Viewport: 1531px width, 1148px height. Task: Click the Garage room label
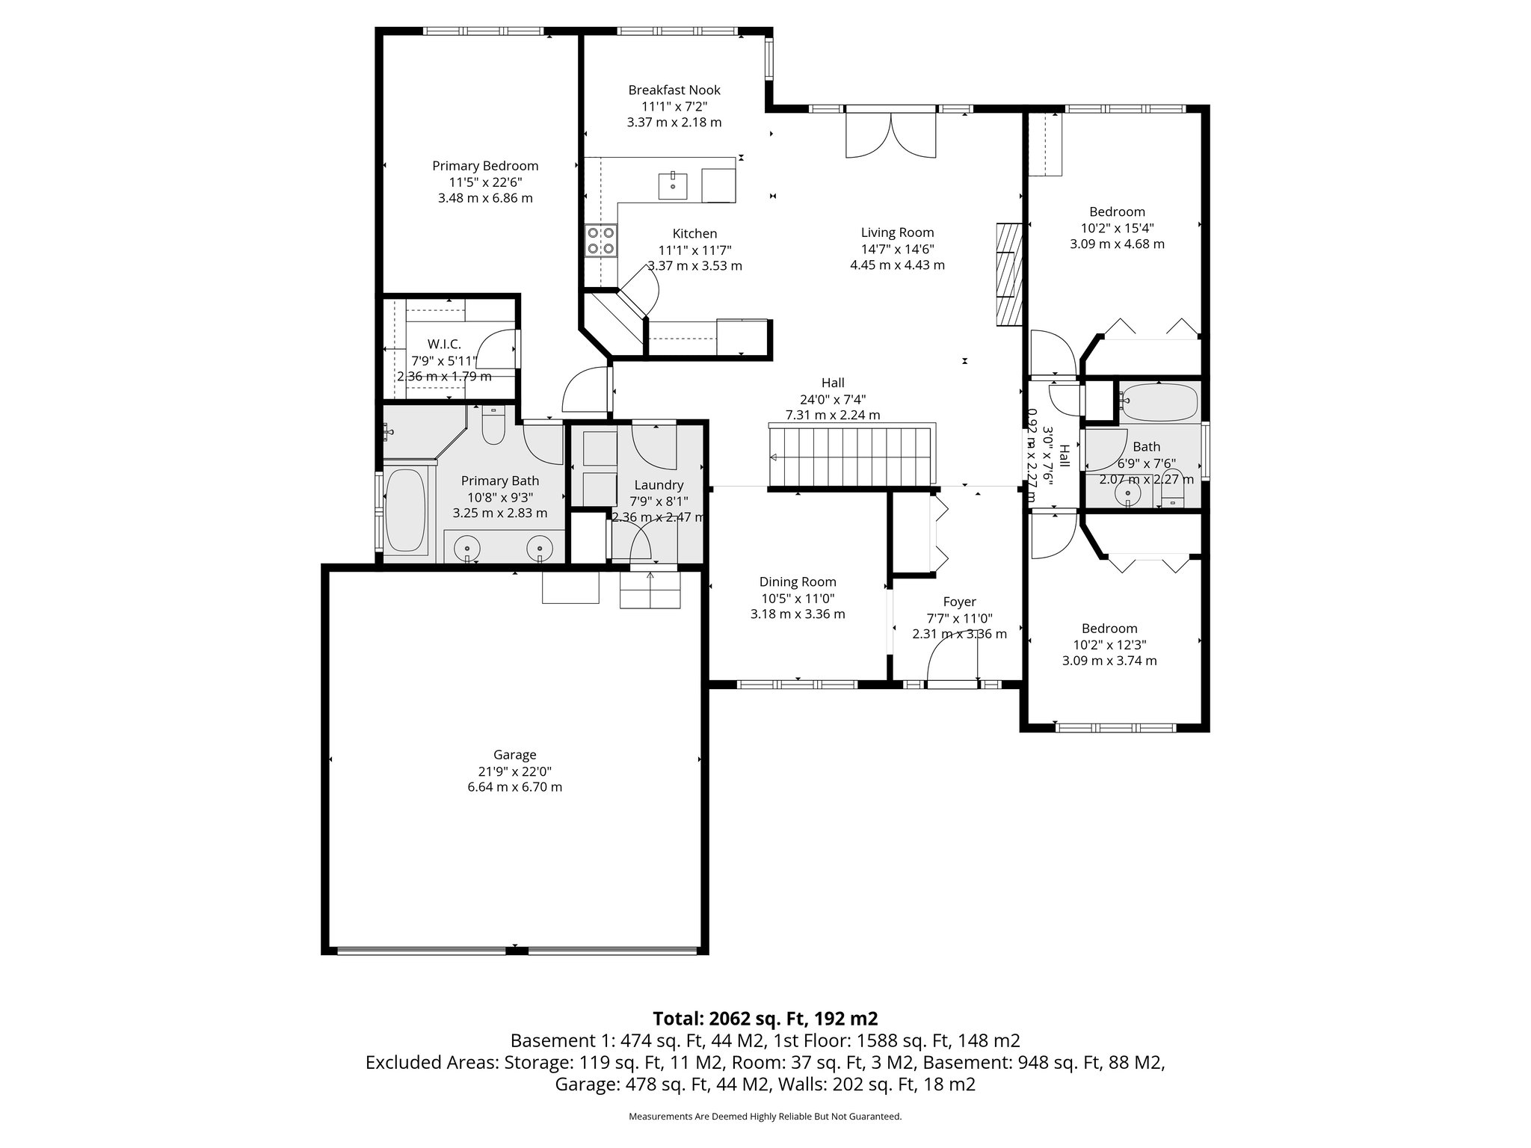514,755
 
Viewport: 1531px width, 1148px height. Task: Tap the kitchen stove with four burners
601,241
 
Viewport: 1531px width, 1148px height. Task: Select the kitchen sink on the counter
672,185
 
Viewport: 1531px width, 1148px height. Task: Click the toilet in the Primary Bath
493,425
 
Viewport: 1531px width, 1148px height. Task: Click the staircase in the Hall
852,457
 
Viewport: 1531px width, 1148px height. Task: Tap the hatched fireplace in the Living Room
1009,274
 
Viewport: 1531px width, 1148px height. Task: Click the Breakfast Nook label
674,90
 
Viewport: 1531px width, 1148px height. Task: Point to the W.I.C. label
444,344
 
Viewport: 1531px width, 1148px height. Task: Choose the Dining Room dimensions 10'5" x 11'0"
797,598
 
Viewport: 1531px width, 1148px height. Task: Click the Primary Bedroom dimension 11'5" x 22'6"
485,182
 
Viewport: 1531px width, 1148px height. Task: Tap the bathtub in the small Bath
1158,401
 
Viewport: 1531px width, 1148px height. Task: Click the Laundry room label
659,485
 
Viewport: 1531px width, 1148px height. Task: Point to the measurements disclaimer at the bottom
765,1117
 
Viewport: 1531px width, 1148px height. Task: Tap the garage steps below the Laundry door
650,590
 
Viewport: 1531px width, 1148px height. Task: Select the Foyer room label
959,602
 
